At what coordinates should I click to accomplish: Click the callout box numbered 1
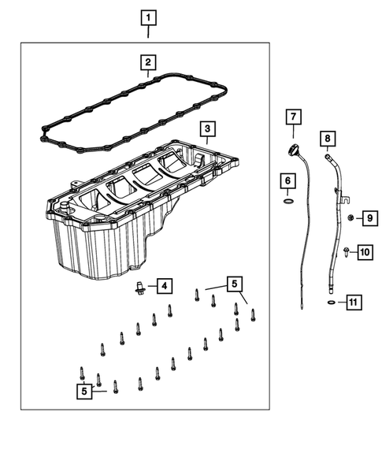pos(149,15)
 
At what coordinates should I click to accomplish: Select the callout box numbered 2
pos(148,61)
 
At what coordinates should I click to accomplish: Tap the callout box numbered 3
pos(206,128)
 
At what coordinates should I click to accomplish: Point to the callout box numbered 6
pos(288,182)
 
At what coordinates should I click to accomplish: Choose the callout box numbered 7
pos(292,118)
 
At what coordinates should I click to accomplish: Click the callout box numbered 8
pos(327,140)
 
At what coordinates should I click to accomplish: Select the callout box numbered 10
pos(364,252)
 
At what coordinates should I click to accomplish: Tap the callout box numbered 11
pos(354,302)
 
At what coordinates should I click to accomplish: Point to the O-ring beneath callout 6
pos(288,202)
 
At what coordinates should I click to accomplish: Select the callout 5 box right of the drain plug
pos(233,283)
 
